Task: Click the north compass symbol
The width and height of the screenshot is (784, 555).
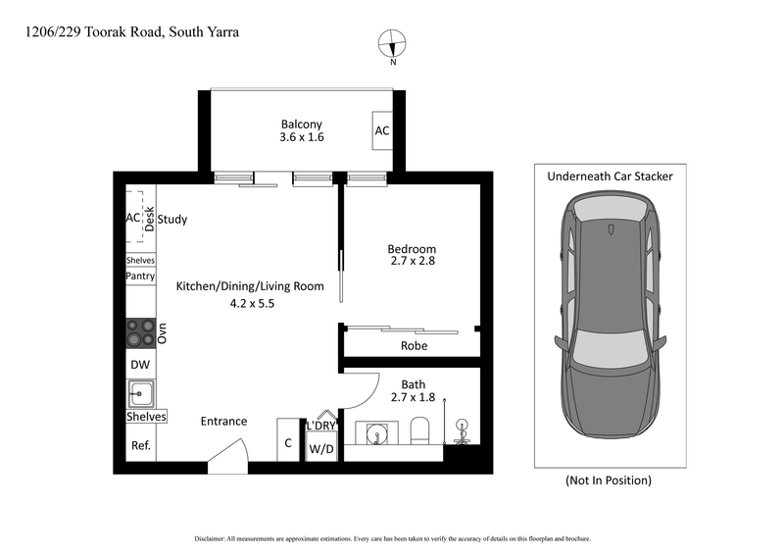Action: pos(392,44)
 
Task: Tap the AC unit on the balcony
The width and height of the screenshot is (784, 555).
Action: pos(382,131)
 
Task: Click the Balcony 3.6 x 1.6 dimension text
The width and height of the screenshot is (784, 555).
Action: pos(302,138)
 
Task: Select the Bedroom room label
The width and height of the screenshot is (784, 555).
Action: pos(412,249)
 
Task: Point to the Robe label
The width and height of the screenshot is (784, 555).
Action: pos(414,346)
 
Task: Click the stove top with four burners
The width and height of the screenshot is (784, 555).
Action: pos(140,333)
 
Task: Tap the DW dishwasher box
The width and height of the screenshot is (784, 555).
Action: pos(139,364)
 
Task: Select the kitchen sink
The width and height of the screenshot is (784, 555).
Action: pos(140,394)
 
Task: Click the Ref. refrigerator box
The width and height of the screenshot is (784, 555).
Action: pos(139,445)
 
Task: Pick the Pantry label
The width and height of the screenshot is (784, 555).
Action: pos(140,277)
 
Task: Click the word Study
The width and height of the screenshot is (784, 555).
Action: pos(172,220)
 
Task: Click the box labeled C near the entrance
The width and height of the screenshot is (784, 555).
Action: pos(288,442)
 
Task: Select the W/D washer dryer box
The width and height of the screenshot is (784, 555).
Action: pos(320,449)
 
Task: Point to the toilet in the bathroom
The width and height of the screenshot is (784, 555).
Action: pos(420,431)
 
